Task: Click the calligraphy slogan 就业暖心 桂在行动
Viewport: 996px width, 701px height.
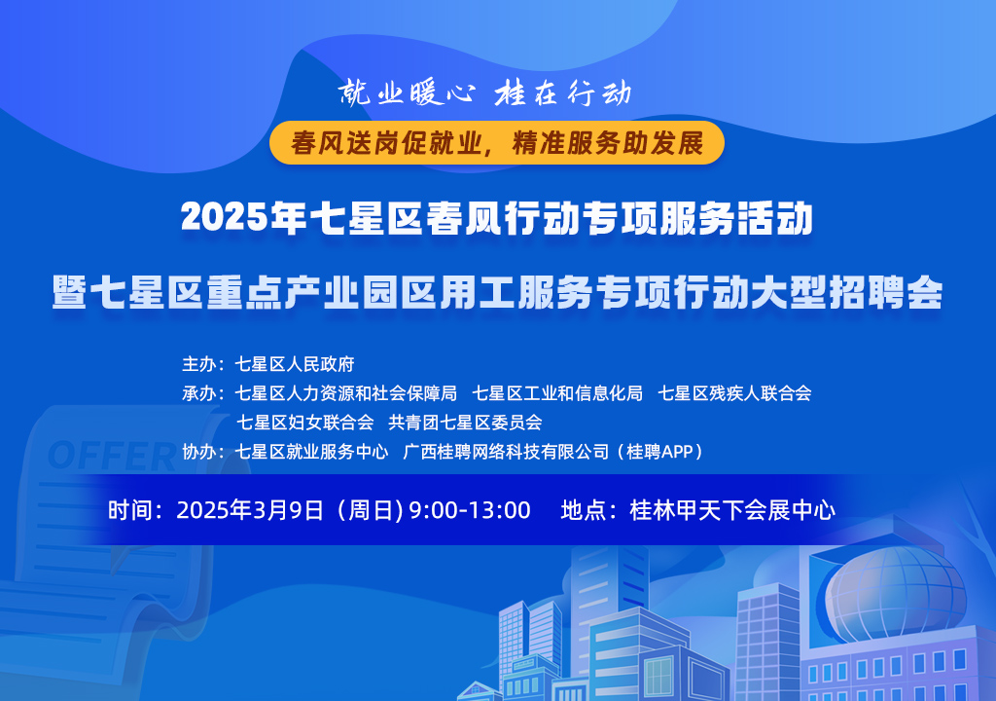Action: [x=484, y=93]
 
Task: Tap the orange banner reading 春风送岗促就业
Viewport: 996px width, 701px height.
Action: [x=497, y=142]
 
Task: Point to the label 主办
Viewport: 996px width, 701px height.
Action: [x=199, y=364]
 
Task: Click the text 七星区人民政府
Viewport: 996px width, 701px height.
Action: [x=295, y=364]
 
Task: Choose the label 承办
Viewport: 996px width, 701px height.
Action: [x=199, y=393]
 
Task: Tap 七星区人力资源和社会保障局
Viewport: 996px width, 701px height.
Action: [x=346, y=393]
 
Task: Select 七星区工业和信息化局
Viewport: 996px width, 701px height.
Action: [x=557, y=393]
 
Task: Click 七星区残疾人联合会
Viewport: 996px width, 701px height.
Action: [x=735, y=393]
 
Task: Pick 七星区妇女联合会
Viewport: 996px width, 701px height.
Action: [x=304, y=422]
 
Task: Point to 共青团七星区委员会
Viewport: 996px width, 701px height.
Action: [x=466, y=422]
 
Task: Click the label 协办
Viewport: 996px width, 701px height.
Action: [x=199, y=451]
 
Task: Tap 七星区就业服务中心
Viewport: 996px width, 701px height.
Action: [x=312, y=451]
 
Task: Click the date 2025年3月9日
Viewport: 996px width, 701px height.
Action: [x=250, y=510]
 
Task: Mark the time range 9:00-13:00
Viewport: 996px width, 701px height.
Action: [x=470, y=510]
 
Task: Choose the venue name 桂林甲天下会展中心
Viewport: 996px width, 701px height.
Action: [x=733, y=510]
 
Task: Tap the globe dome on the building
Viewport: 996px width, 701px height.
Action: [x=896, y=595]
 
